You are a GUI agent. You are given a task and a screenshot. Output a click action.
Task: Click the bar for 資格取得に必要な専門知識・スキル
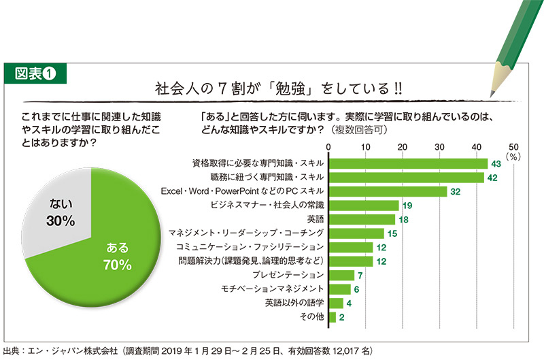(x=408, y=163)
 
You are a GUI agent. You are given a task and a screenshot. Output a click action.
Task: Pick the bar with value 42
(x=406, y=178)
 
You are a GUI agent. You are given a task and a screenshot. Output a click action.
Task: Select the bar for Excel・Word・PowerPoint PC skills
(x=388, y=192)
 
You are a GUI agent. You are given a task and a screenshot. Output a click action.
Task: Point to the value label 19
(x=407, y=206)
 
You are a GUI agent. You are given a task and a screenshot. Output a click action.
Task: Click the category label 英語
(x=315, y=220)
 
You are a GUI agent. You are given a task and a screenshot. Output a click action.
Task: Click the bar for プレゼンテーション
(x=341, y=276)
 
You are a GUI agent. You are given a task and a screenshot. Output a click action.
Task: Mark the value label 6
(x=357, y=289)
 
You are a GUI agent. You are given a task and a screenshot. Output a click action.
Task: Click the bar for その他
(x=333, y=317)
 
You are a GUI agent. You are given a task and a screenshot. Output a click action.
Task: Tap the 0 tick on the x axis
(x=329, y=146)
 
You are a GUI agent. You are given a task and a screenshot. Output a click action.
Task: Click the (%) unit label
(x=513, y=156)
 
